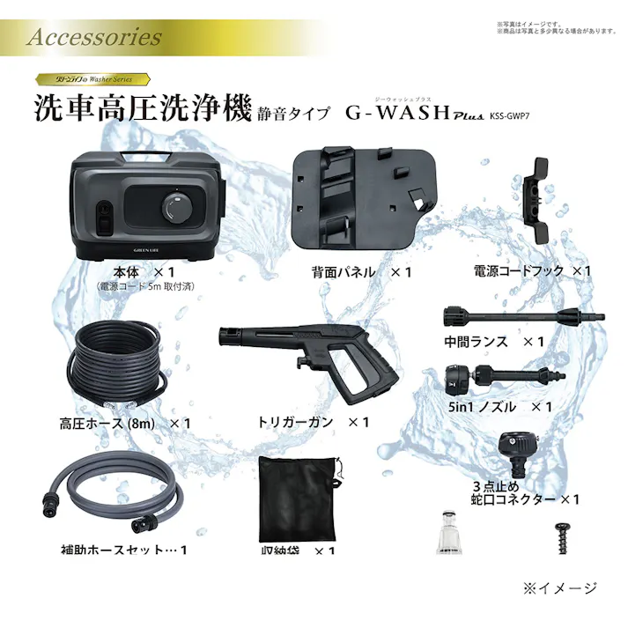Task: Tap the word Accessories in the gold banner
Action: [x=94, y=38]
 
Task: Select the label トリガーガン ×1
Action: [x=307, y=423]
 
